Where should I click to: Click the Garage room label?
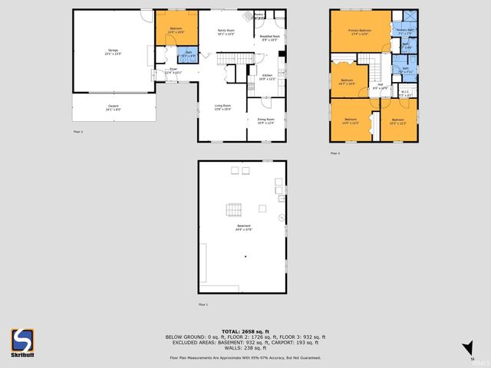[112, 52]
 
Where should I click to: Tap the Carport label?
[113, 109]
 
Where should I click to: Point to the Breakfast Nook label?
[269, 37]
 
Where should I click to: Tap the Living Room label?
[223, 109]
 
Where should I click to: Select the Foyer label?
[173, 71]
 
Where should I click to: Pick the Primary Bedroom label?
[360, 32]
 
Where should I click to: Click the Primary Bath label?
[405, 32]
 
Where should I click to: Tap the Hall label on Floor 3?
[380, 86]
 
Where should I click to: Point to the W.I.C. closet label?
[405, 94]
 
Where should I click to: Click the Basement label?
[242, 228]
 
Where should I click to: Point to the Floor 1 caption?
[203, 305]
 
